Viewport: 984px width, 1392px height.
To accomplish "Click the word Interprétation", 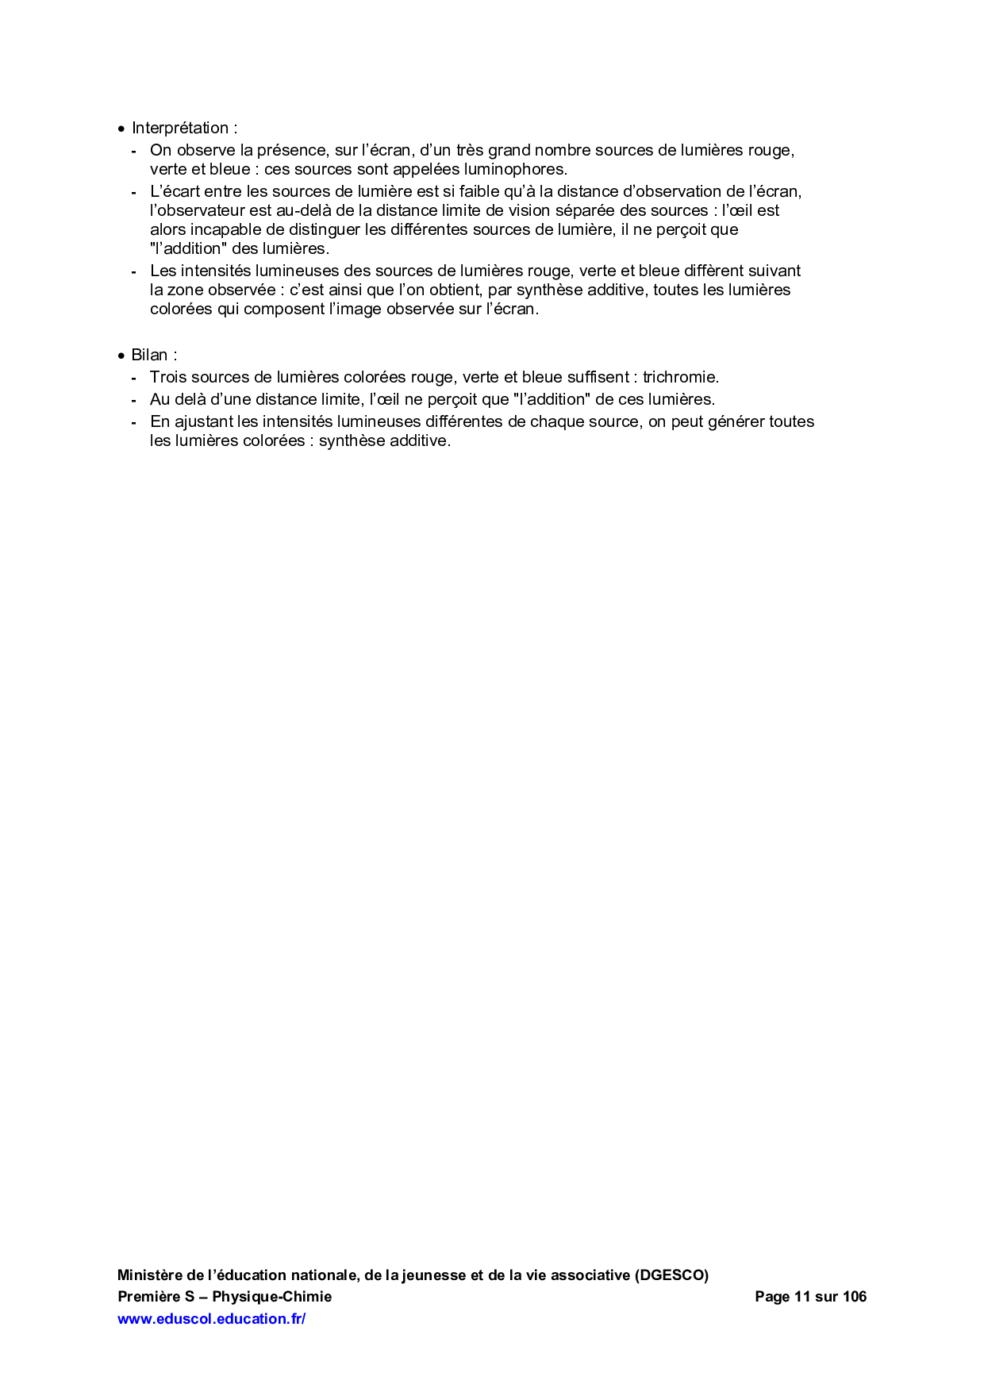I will [x=180, y=128].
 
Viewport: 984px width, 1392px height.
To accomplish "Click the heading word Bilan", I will [x=149, y=355].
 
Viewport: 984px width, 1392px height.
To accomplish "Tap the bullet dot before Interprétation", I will [x=121, y=129].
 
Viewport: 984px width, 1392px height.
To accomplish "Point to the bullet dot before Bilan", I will [x=121, y=356].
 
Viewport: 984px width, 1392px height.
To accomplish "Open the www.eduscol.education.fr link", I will [x=211, y=1318].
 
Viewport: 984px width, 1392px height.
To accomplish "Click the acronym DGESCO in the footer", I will [x=671, y=1275].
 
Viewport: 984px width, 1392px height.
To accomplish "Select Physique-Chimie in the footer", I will [x=271, y=1297].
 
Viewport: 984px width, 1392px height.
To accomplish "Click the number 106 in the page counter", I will [x=855, y=1297].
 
